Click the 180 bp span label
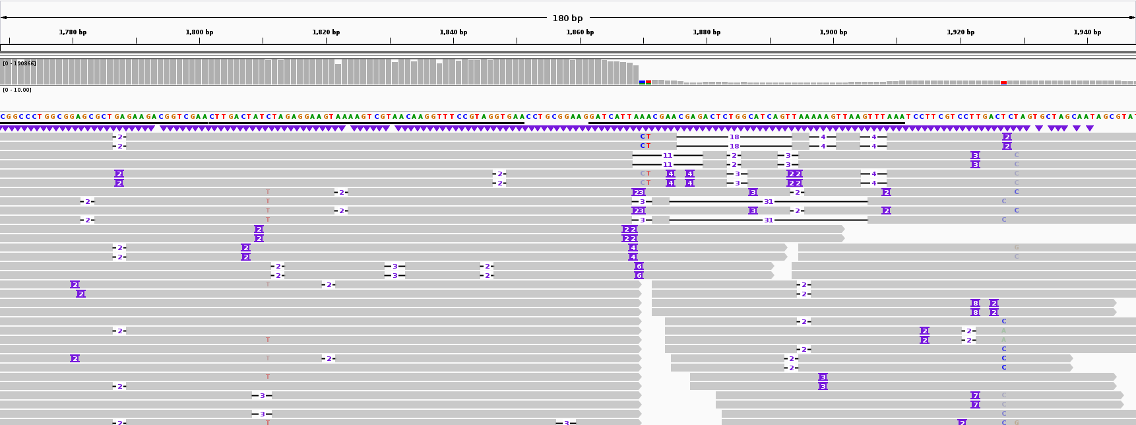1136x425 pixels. click(567, 18)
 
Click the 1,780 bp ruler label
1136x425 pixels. click(73, 32)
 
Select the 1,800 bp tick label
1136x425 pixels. click(199, 32)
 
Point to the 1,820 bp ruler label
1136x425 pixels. click(326, 32)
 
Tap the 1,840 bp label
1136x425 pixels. click(453, 32)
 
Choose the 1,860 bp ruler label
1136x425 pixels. click(580, 32)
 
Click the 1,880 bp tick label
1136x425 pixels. click(707, 32)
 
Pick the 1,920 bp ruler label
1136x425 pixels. click(961, 32)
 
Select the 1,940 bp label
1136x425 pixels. click(1087, 32)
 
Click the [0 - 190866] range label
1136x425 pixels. click(19, 63)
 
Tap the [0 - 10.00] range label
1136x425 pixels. click(16, 90)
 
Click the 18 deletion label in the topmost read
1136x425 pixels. click(734, 137)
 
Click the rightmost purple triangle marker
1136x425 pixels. click(1090, 129)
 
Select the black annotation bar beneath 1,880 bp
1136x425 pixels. click(745, 123)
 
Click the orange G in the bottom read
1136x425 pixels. click(1017, 422)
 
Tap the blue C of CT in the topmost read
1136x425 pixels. click(643, 137)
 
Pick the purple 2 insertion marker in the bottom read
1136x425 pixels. click(962, 422)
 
